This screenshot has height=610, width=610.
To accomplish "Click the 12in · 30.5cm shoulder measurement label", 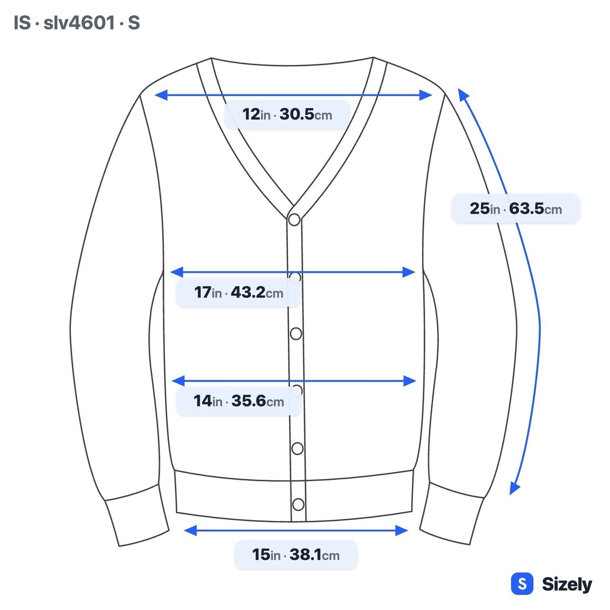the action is pos(287,114).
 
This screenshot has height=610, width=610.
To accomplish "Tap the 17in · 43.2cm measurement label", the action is pos(239,292).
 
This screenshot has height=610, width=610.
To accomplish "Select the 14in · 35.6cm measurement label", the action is pos(239,401).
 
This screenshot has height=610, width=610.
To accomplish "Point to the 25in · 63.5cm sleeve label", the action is pos(516,209).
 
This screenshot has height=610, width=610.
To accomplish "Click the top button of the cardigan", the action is pos(294,220).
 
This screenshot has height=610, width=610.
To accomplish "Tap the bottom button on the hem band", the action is pos(298,504).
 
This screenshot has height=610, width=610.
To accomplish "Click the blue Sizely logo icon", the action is pos(522,584).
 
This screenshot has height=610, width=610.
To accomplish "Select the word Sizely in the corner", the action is pos(567,584).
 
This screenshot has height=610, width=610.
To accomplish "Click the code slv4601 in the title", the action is pos(79,23).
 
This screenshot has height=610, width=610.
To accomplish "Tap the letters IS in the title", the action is pos(22,23).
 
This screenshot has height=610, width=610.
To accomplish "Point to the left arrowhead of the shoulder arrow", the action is pos(161,95).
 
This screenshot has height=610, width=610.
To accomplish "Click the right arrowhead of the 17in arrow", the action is pos(409,272).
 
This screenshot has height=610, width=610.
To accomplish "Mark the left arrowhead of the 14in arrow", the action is pos(178,381).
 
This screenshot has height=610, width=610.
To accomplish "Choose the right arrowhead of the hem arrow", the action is pos(401,531).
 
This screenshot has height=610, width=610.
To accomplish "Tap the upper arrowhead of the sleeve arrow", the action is pos(463,94).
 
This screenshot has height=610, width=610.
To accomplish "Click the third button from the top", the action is pos(296,333).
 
